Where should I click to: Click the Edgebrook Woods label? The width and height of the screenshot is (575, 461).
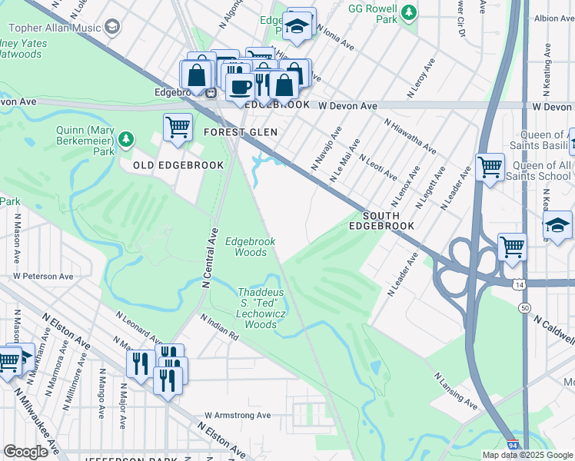[250, 247]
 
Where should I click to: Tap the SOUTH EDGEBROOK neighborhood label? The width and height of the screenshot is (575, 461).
[381, 221]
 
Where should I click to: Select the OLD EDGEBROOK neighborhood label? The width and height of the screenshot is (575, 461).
[178, 165]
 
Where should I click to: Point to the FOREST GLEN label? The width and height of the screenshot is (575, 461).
[240, 132]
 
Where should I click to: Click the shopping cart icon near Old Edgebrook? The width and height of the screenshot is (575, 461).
[178, 127]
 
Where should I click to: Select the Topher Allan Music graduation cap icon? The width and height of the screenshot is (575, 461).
[113, 28]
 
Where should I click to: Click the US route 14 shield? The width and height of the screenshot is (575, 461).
[522, 284]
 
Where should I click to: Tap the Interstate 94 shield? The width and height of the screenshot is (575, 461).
[514, 445]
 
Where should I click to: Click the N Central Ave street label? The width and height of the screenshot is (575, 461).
[208, 258]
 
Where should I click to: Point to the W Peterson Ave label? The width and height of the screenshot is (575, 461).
[43, 276]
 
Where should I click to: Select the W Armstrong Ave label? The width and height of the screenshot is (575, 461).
[238, 415]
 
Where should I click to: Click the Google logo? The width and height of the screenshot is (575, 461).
[25, 452]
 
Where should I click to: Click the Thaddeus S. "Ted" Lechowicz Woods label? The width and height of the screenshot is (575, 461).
[260, 308]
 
